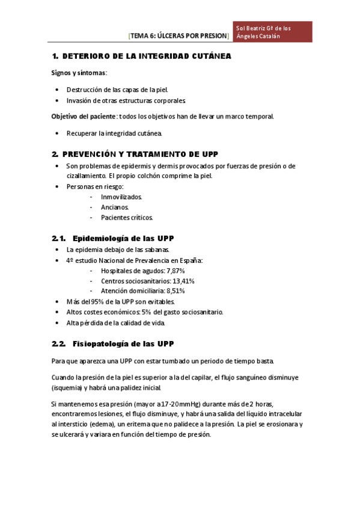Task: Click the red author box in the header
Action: pos(273,32)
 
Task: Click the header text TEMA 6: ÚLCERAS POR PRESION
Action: pos(178,36)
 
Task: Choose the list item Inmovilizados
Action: pos(121,197)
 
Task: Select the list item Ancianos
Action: pos(115,207)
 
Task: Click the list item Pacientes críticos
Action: pos(127,217)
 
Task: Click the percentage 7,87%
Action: pos(175,271)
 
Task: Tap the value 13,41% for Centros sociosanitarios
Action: pos(183,281)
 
